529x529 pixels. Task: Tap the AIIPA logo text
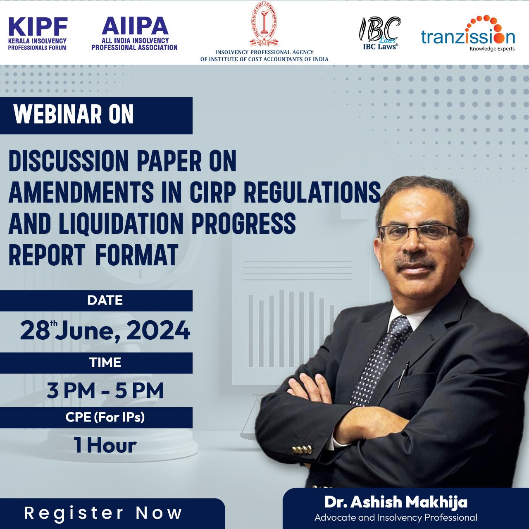pos(134,33)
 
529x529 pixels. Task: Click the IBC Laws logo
pos(380,33)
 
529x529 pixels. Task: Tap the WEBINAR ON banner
pos(96,116)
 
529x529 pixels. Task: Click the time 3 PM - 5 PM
pos(105,391)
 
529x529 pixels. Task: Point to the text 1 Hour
pos(105,445)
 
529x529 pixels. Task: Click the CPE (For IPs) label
pos(105,417)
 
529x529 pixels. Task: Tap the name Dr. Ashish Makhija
pos(396,502)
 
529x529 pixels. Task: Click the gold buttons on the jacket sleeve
pos(301,450)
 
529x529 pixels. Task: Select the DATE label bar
pos(96,300)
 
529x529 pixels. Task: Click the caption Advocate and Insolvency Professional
pos(396,517)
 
